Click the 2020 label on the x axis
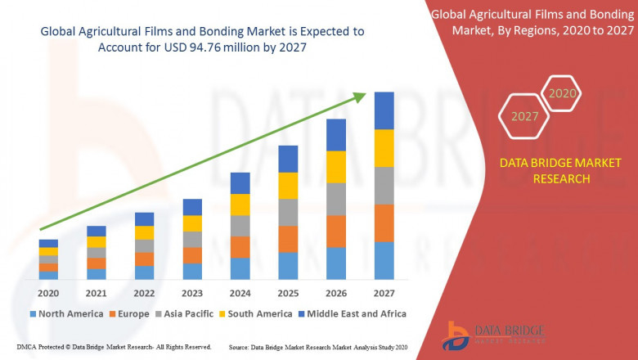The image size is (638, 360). pyautogui.click(x=48, y=294)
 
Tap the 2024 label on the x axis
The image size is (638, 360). pyautogui.click(x=240, y=294)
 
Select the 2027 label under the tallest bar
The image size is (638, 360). pyautogui.click(x=384, y=294)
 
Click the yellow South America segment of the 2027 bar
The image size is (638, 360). pyautogui.click(x=384, y=148)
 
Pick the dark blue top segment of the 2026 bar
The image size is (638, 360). pyautogui.click(x=335, y=135)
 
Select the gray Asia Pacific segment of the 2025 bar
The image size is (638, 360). pyautogui.click(x=288, y=212)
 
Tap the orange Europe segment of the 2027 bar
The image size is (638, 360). pyautogui.click(x=384, y=223)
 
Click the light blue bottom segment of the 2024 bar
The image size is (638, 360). pyautogui.click(x=240, y=268)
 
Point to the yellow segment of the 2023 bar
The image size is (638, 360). pyautogui.click(x=192, y=223)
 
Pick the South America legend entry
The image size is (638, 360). pyautogui.click(x=255, y=313)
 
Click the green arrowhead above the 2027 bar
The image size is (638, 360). pyautogui.click(x=359, y=97)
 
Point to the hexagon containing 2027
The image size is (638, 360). pyautogui.click(x=524, y=116)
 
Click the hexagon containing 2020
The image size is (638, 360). pyautogui.click(x=562, y=93)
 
